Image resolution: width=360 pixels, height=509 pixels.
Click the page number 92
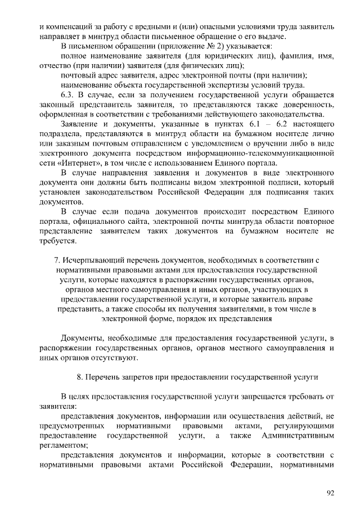point(330,493)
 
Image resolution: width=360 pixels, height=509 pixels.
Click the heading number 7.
point(57,260)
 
